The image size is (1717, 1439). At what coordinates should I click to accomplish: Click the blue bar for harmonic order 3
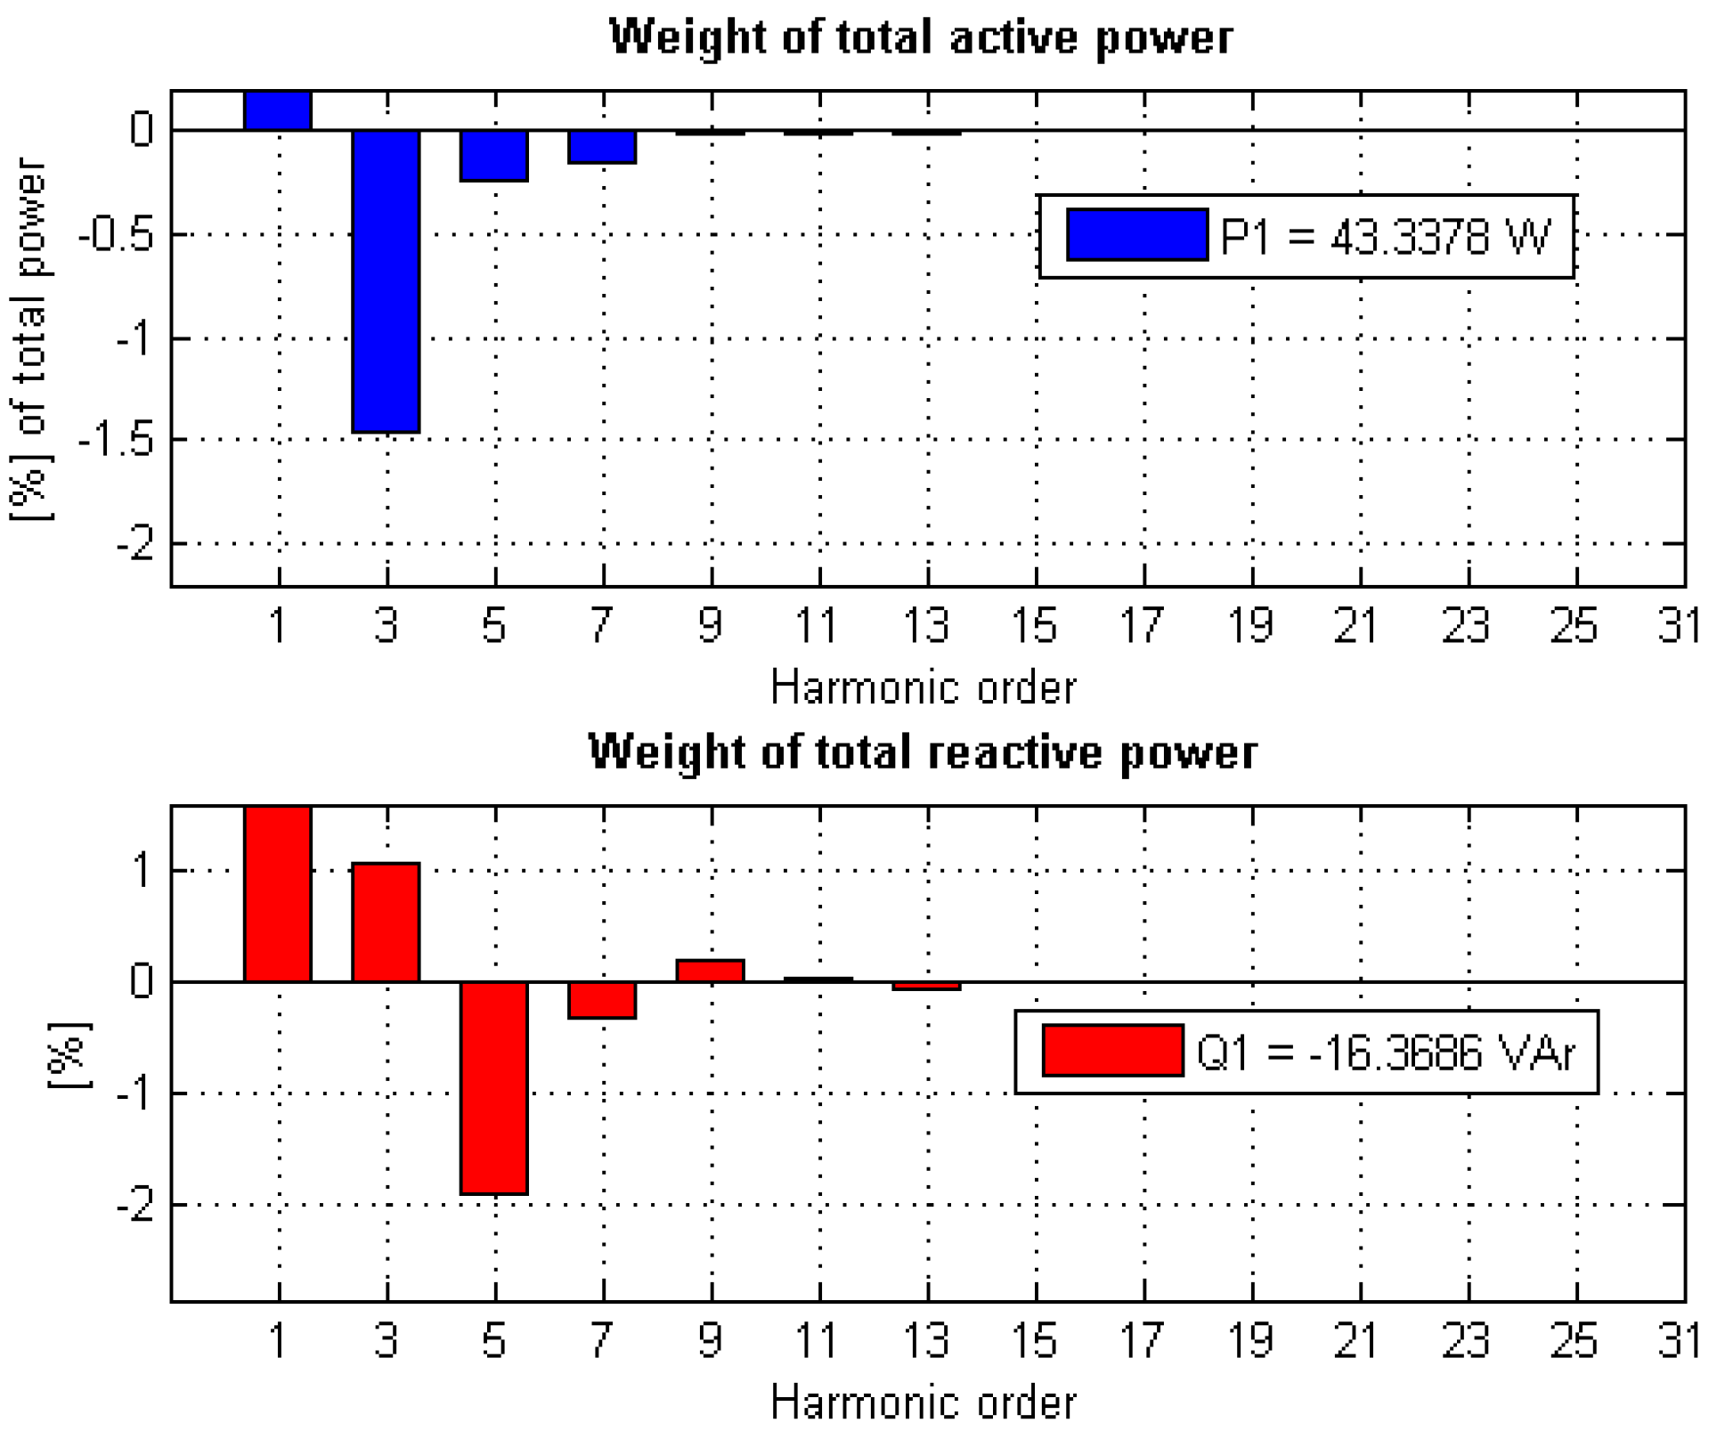[x=386, y=280]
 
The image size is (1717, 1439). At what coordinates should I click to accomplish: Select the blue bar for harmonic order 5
[x=494, y=156]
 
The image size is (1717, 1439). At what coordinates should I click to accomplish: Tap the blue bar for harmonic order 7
[x=602, y=147]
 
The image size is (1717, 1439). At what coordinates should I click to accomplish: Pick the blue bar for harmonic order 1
[x=278, y=110]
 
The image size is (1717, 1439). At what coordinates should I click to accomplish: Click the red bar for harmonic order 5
[x=494, y=1087]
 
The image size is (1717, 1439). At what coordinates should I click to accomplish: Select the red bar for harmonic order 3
[x=386, y=923]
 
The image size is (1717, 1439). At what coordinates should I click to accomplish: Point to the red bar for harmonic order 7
[x=602, y=1000]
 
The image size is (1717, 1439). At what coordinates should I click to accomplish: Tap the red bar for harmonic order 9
[x=710, y=971]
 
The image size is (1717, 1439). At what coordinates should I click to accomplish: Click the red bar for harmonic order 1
[x=278, y=894]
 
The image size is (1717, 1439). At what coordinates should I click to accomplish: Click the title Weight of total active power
[x=921, y=37]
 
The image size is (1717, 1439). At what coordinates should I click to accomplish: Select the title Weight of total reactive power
[x=923, y=752]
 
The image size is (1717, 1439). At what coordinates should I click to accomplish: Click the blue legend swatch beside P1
[x=1137, y=235]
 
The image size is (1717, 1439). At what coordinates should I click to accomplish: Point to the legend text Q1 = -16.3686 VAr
[x=1386, y=1053]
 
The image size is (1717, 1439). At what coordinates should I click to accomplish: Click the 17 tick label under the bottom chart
[x=1142, y=1341]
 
